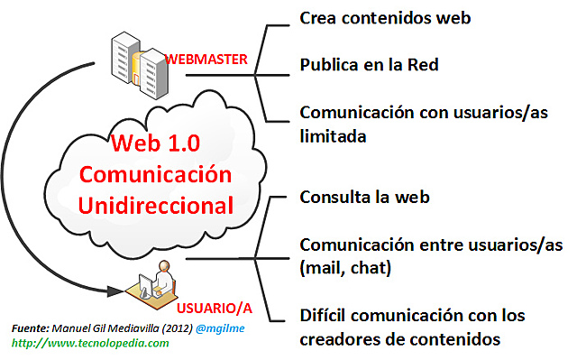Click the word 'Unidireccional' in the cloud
156,204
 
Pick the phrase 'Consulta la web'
364,197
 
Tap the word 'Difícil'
325,316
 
